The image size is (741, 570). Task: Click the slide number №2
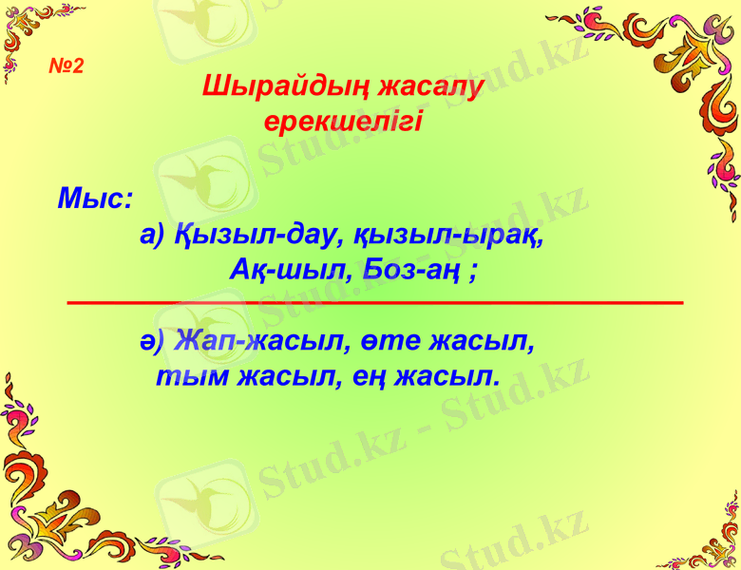66,66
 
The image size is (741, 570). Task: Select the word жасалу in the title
431,86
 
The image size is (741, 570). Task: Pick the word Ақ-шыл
281,271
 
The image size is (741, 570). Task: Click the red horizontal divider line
375,302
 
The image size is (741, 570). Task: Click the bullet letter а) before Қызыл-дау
153,235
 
